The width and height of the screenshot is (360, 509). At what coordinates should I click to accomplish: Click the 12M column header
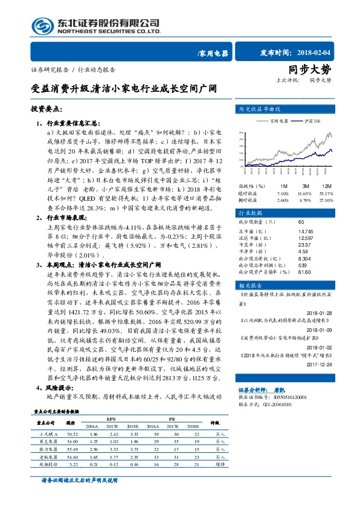327,186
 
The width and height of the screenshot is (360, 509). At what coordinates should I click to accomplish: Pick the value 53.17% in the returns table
326,192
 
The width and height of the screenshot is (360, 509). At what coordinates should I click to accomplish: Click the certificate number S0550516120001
289,397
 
